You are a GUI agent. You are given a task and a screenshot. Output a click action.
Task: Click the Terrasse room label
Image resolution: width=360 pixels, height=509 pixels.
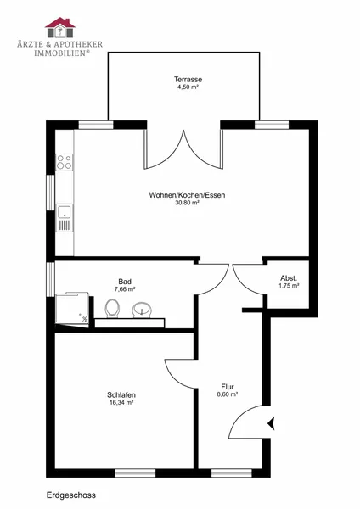coord(188,80)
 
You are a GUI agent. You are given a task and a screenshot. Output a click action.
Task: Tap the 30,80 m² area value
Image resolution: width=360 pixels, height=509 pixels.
coord(187,203)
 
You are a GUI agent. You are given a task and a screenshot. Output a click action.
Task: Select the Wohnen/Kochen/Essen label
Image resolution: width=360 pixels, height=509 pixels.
coord(187,195)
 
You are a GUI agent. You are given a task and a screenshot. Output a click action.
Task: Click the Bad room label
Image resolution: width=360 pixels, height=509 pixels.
coord(125,282)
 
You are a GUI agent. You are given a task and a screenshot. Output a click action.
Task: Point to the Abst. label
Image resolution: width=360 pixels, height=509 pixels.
coord(289,278)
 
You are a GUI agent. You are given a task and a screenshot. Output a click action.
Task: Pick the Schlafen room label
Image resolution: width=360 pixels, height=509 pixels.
coord(121,395)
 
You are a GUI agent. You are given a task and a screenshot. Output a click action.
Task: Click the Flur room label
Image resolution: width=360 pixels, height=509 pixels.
coord(228,387)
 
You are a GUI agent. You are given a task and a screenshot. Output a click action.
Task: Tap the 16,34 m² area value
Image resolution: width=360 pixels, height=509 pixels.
coord(121,402)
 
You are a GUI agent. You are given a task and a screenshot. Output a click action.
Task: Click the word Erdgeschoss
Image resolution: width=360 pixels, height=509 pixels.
coord(71,495)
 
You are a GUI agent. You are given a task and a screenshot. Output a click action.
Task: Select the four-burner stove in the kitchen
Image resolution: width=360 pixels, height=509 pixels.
coord(65,162)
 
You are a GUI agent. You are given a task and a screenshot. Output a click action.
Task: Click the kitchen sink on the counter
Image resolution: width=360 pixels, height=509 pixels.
coord(65,218)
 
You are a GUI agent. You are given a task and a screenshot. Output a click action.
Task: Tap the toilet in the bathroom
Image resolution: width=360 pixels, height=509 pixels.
coord(112,309)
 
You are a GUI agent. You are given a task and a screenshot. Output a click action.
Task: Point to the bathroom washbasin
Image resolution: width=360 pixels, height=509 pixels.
coord(142,310)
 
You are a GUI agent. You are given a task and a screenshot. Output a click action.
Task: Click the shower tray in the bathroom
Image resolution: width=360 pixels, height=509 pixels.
coord(72,309)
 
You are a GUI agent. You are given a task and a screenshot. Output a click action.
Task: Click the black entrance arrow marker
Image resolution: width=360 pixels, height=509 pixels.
coord(272,423)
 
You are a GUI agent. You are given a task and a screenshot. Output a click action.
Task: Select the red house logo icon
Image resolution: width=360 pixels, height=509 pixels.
coord(60,27)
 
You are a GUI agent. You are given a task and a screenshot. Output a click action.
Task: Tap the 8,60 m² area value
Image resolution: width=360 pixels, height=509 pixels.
coord(228,394)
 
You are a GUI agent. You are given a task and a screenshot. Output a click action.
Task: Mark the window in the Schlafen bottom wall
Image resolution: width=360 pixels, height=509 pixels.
coord(135,473)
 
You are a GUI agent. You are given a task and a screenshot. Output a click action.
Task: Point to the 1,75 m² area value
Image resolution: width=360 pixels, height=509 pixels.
coord(289,286)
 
